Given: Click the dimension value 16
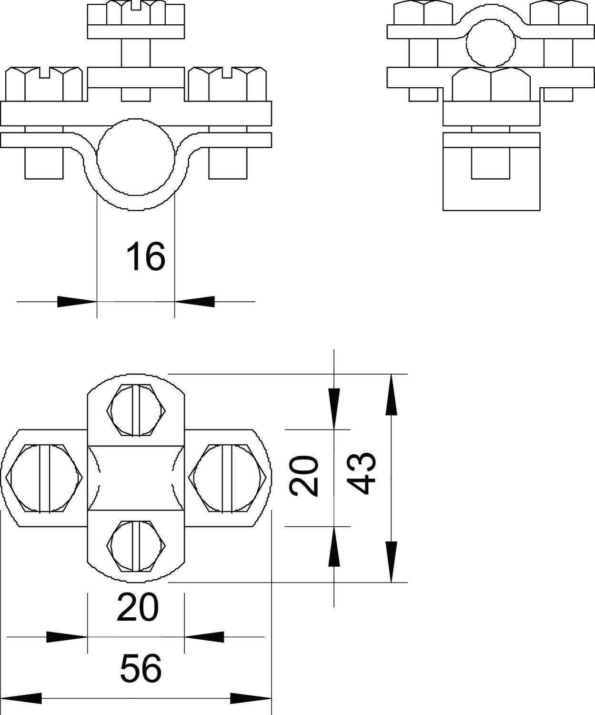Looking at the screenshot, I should coord(146,256).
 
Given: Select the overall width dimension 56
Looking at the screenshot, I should coord(141,668).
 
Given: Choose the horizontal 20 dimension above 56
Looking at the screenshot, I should coord(137,608).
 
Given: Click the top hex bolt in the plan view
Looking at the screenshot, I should coord(136,410).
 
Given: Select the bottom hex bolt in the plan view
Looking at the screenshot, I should coord(136,546).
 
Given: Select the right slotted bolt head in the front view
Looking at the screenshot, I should coord(226,84).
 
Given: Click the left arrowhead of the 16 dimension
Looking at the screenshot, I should coord(76,301).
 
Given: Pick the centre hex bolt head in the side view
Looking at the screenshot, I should coord(491,84).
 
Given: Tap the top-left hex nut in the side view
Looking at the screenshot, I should coord(423,13).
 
